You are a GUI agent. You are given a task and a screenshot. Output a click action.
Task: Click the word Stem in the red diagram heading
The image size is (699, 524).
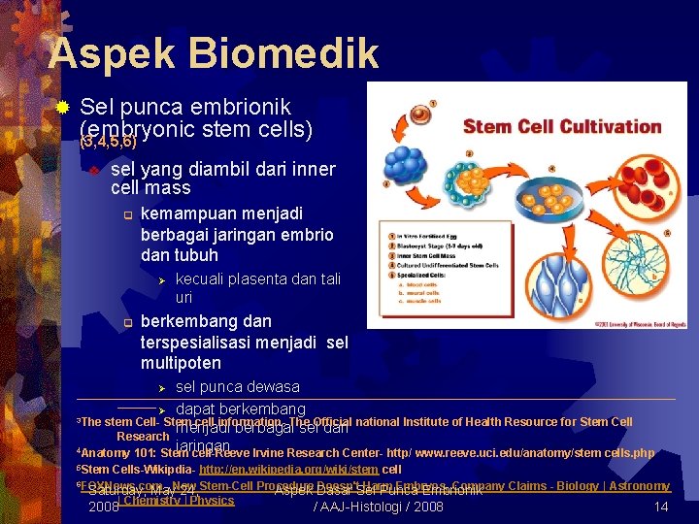coord(484,126)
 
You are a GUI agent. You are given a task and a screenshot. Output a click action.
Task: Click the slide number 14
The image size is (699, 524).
coord(661,507)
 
